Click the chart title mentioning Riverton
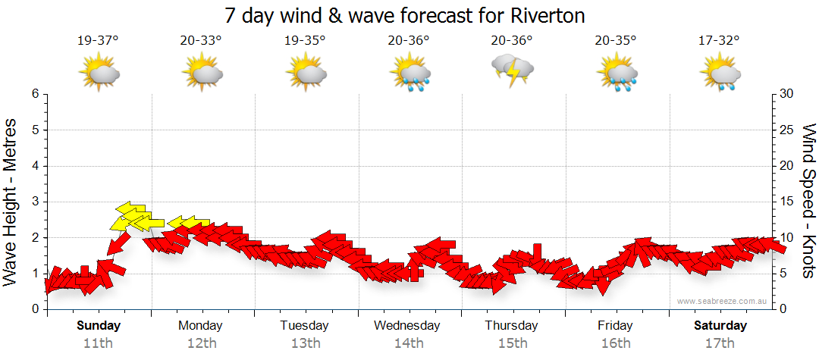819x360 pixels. point(405,15)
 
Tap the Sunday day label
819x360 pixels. point(99,326)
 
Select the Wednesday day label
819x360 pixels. point(406,326)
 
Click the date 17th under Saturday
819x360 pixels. point(720,343)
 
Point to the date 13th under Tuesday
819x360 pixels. point(304,343)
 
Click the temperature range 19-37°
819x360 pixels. point(98,41)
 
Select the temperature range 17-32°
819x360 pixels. point(718,41)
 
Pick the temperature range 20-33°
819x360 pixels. point(201,41)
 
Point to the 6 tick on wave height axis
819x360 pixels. point(35,94)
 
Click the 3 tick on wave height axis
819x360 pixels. point(35,202)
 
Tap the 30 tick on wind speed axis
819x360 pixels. point(786,94)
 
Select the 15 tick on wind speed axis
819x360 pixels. point(786,202)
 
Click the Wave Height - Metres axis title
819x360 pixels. point(12,201)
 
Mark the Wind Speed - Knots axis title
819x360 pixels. point(807,201)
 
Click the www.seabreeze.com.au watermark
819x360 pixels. point(723,302)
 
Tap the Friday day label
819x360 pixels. point(615,326)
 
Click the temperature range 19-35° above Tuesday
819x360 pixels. point(305,41)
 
